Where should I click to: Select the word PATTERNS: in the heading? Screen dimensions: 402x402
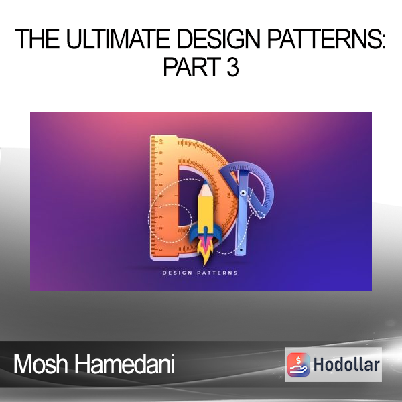(327, 39)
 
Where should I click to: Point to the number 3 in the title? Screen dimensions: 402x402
(232, 66)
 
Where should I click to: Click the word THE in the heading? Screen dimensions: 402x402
(37, 39)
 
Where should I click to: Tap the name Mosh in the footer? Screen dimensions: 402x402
(41, 364)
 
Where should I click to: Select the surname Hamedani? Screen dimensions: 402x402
(125, 364)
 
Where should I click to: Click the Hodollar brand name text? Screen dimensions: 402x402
(346, 364)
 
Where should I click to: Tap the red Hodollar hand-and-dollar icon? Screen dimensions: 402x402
(298, 364)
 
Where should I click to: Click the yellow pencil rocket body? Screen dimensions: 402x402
(206, 210)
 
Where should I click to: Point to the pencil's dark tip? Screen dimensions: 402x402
(206, 182)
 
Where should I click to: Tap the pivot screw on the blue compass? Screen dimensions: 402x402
(243, 192)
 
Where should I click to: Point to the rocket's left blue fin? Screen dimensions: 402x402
(194, 234)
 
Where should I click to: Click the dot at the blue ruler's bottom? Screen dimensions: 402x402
(241, 249)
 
